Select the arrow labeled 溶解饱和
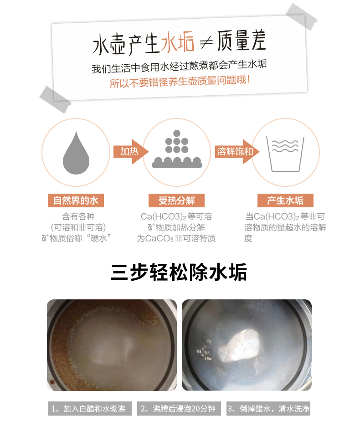(x=237, y=152)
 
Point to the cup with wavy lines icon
(x=285, y=154)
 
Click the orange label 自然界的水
(x=76, y=201)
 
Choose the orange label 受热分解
(x=177, y=201)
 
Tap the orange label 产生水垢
(x=285, y=201)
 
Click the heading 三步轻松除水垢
(x=179, y=272)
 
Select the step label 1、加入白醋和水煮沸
(x=90, y=409)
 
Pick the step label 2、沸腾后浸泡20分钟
(x=179, y=409)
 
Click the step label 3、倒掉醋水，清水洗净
(x=268, y=409)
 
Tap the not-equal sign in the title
(x=206, y=42)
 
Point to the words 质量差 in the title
(x=242, y=41)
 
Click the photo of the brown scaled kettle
(x=112, y=345)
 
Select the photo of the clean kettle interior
(x=247, y=345)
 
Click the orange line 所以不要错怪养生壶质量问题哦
(x=180, y=81)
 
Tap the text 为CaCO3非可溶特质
(x=176, y=238)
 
